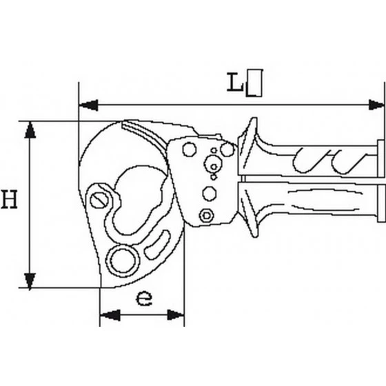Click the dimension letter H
point(10,199)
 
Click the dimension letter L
point(235,82)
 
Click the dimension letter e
point(144,298)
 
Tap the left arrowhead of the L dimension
point(89,105)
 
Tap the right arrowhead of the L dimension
point(376,105)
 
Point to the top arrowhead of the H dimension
point(30,130)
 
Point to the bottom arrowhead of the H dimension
point(30,281)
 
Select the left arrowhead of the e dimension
point(110,315)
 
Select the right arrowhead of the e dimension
point(176,315)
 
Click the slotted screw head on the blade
point(99,200)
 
